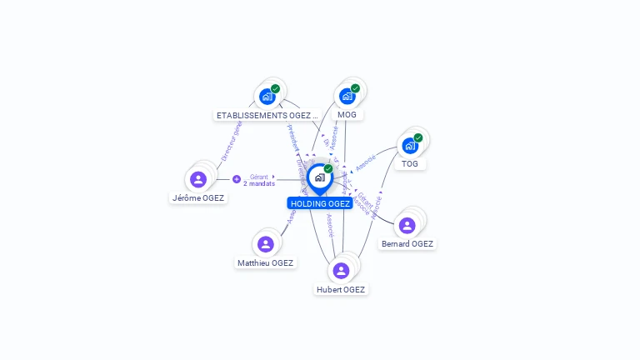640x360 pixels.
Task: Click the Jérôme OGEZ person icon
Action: (198, 179)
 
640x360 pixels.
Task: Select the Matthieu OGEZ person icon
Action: (266, 244)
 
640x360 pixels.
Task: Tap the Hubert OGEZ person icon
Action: (341, 271)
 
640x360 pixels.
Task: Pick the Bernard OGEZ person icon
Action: (407, 226)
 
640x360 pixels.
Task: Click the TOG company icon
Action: (409, 146)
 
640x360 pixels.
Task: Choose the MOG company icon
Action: (347, 97)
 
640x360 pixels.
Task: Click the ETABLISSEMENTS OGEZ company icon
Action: (267, 97)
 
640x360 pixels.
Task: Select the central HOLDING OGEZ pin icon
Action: (319, 177)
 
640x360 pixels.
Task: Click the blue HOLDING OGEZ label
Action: (320, 203)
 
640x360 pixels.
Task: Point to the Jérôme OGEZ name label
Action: (198, 198)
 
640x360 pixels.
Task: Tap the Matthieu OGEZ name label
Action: (265, 263)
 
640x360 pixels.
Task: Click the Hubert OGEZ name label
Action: (341, 290)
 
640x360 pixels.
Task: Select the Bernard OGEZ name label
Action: (407, 244)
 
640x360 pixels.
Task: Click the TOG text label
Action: (410, 164)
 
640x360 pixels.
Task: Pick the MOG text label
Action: (347, 115)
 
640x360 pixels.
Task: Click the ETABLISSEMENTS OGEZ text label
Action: (267, 116)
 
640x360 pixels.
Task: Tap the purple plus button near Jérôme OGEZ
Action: (237, 179)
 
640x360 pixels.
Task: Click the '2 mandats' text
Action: (258, 183)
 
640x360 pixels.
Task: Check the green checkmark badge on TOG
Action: (418, 137)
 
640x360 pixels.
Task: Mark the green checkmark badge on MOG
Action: (355, 88)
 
